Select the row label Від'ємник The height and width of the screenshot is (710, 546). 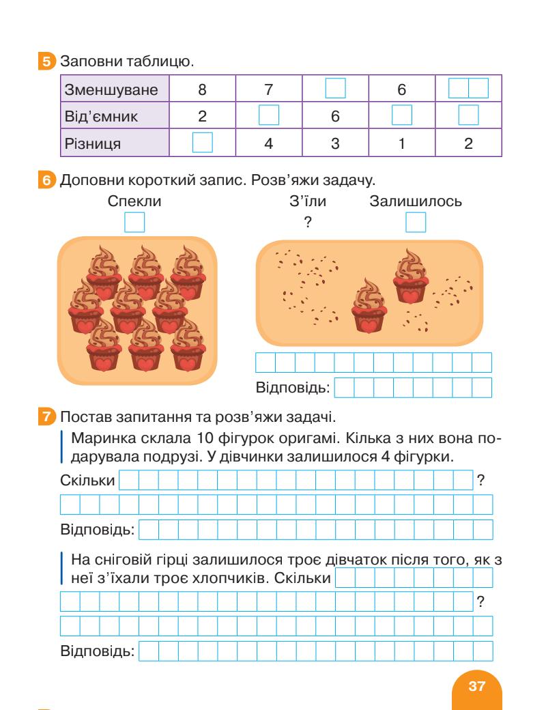(x=100, y=116)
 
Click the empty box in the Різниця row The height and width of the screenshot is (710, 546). (x=203, y=143)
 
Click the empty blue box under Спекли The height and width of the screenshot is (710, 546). (x=134, y=223)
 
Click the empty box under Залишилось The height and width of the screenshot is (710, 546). (x=416, y=223)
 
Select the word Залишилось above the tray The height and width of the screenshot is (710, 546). (x=416, y=202)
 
